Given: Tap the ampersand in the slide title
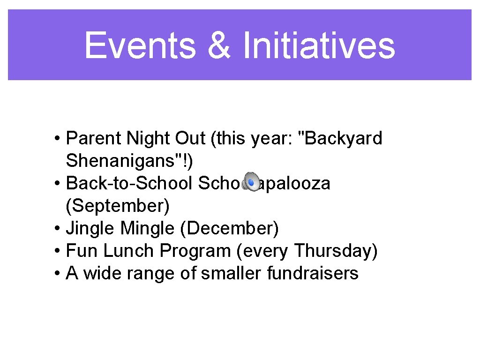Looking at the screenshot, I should pyautogui.click(x=218, y=45).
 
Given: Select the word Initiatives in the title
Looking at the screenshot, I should pyautogui.click(x=319, y=45).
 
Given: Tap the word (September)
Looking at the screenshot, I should pyautogui.click(x=118, y=206).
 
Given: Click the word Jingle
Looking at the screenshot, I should pyautogui.click(x=91, y=228).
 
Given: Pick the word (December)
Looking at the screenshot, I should pyautogui.click(x=229, y=228).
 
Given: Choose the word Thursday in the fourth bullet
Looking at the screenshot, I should pyautogui.click(x=335, y=251).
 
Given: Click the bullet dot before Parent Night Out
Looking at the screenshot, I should pyautogui.click(x=56, y=139).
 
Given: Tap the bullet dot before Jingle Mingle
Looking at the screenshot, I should pyautogui.click(x=56, y=229).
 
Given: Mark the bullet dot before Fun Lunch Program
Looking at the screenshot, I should pyautogui.click(x=56, y=251).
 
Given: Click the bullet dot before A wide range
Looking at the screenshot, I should pyautogui.click(x=56, y=273).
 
